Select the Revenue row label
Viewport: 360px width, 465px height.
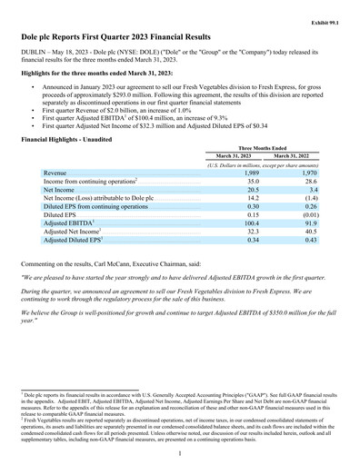click(55, 173)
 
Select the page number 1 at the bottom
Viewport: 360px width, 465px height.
click(180, 441)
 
